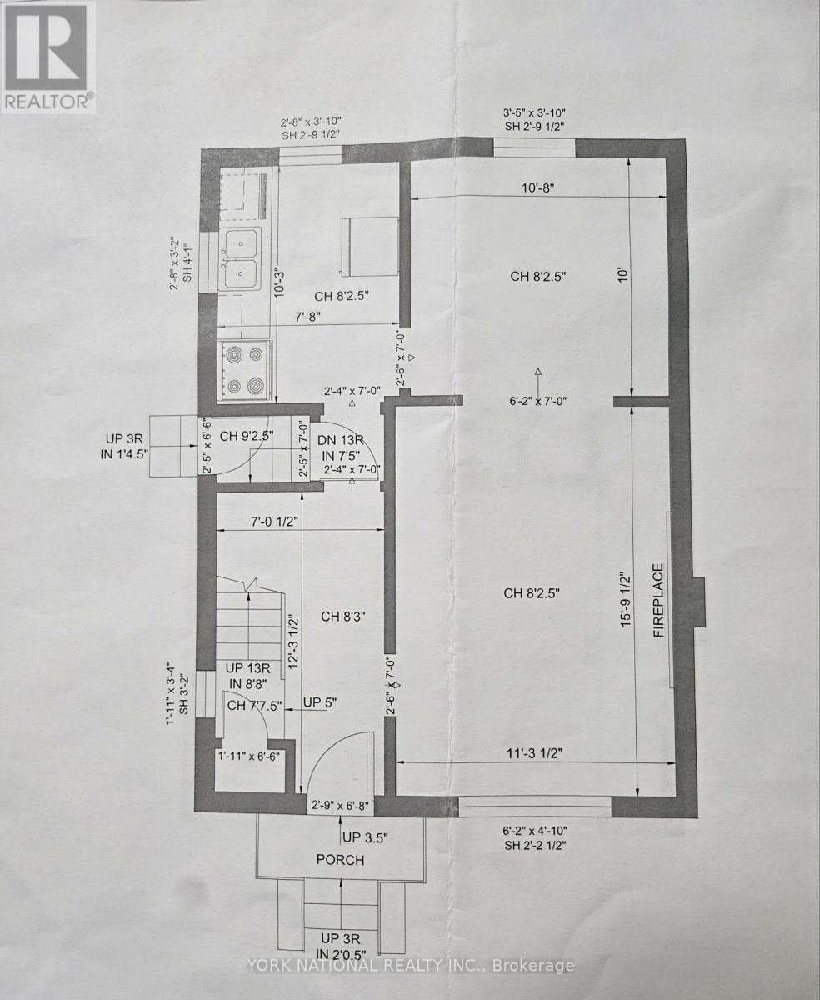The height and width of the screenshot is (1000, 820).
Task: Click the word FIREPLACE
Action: (659, 600)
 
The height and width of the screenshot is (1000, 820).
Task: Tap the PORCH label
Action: (340, 860)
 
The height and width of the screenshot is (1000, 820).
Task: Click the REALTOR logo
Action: (47, 57)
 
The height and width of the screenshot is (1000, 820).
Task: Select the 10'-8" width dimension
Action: (538, 187)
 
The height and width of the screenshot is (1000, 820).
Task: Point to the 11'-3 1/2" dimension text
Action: (534, 753)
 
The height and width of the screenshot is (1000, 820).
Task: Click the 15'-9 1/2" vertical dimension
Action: (626, 601)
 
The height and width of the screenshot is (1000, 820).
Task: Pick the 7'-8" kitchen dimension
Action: (307, 317)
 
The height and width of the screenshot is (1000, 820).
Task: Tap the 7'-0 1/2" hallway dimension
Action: (274, 522)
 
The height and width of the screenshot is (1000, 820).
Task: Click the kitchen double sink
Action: (240, 259)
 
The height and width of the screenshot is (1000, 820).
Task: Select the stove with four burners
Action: (244, 370)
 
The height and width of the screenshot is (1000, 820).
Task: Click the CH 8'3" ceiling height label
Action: (343, 617)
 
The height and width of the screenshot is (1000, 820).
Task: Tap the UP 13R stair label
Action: (247, 668)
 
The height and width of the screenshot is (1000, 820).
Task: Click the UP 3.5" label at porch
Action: (365, 837)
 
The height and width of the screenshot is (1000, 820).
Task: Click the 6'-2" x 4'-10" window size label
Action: (534, 831)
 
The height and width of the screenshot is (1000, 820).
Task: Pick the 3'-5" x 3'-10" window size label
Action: (534, 112)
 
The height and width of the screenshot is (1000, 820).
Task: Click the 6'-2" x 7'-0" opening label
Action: (537, 401)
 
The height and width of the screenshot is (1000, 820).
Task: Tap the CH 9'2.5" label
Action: (246, 436)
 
